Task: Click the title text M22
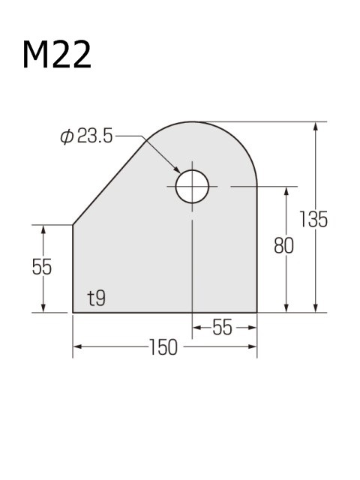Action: point(57,55)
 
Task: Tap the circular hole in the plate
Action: point(192,186)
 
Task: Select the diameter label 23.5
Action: point(95,136)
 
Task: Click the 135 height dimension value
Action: point(313,220)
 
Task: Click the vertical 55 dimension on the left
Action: point(42,268)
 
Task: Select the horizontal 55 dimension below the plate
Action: point(223,328)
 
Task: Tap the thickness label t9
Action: point(96,298)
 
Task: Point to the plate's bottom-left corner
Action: point(73,311)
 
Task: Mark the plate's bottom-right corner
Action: point(257,311)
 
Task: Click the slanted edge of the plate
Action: point(109,180)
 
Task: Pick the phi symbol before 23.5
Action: point(66,136)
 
